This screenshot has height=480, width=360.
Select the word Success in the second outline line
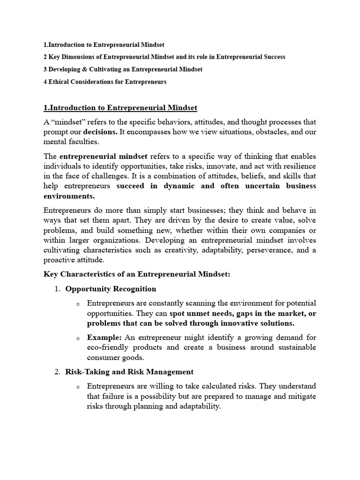coord(272,57)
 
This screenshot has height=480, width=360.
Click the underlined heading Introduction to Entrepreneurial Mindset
coord(120,108)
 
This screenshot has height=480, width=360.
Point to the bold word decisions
coord(100,132)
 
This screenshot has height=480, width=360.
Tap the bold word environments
coord(69,195)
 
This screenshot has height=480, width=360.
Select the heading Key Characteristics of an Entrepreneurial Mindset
coord(137,274)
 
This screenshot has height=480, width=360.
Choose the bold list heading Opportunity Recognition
coord(111,289)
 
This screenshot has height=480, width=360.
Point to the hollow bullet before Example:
coord(78,338)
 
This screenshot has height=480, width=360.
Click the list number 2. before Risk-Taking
coord(57,372)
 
